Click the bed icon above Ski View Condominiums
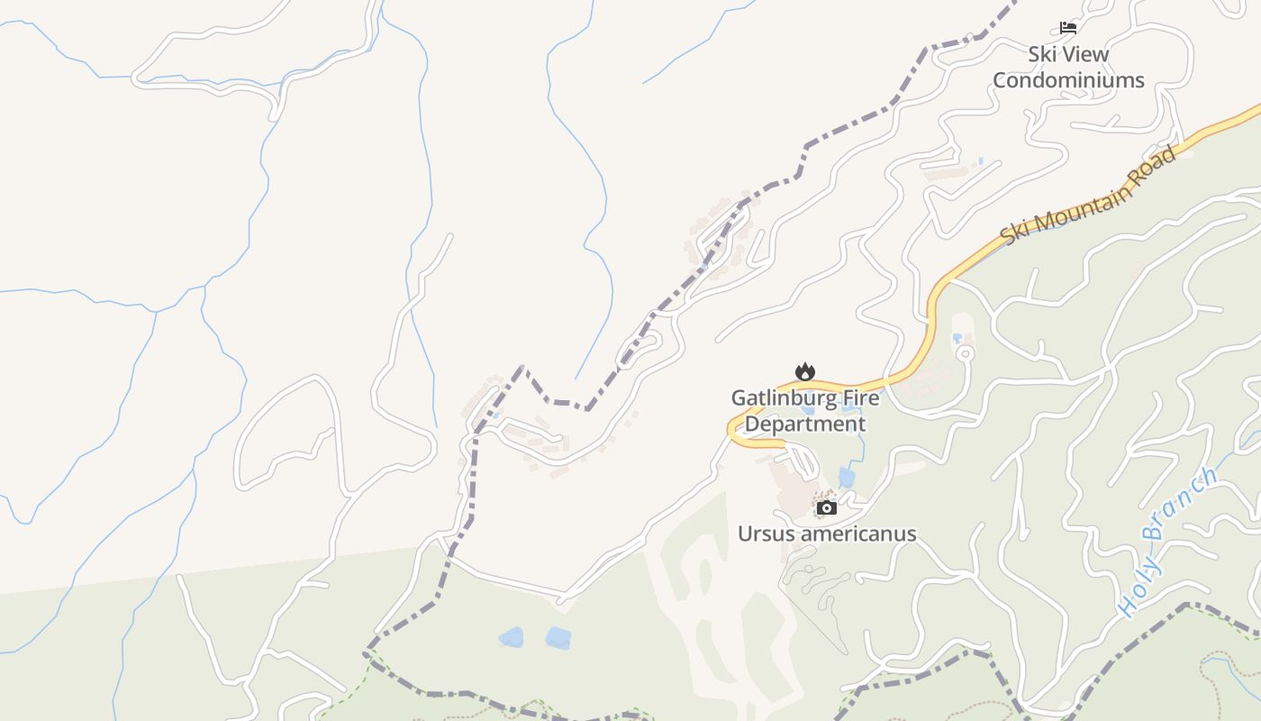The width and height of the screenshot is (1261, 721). [x=1068, y=28]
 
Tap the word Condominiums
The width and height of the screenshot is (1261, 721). [x=1068, y=80]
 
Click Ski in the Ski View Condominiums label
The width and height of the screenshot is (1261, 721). [x=1042, y=54]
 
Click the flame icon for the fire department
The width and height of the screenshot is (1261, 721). [x=804, y=371]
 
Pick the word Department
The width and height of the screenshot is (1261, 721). [x=805, y=424]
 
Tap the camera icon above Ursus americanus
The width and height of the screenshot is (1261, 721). [x=826, y=508]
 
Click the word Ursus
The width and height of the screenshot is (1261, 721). [x=765, y=534]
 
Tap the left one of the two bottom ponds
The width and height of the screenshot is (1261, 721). [x=511, y=638]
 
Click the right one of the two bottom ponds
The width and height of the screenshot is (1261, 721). [x=558, y=638]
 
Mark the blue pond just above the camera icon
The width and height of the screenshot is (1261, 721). [x=846, y=477]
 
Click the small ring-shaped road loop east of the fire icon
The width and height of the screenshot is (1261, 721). [x=965, y=352]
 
